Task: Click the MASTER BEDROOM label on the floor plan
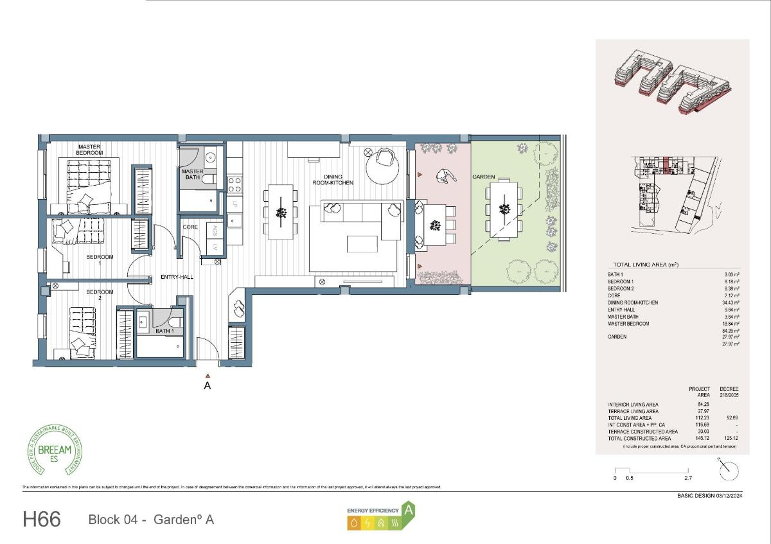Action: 90,150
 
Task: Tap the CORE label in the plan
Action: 190,227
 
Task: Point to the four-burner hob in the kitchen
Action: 235,185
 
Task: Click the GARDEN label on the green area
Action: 483,177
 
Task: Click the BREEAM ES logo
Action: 57,450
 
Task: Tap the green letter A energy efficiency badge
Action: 408,510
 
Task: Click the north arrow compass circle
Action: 729,471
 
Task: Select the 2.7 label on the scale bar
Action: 689,478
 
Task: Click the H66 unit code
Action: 42,519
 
